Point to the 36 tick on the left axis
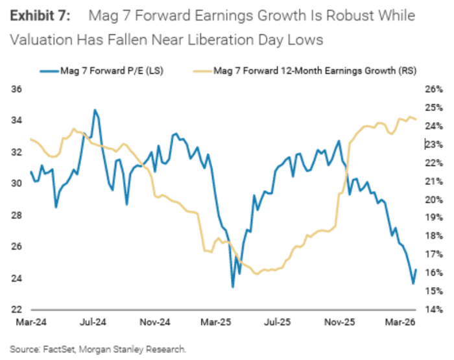tap(18, 89)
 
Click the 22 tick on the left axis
tap(18, 309)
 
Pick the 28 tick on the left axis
tap(18, 215)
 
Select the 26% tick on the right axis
tap(433, 89)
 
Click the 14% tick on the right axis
tap(433, 309)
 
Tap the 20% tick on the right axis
tap(433, 199)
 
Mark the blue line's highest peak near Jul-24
tap(95, 110)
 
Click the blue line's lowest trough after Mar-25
tap(232, 287)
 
